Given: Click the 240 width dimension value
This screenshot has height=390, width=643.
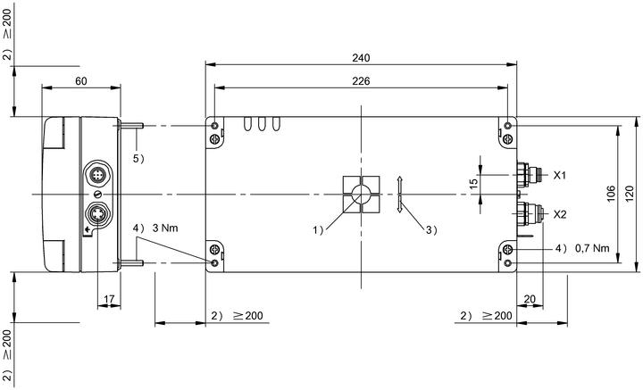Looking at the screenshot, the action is (x=361, y=58).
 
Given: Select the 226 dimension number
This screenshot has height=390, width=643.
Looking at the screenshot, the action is (x=361, y=81).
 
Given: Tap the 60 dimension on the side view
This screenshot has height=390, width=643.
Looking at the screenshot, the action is (x=81, y=81).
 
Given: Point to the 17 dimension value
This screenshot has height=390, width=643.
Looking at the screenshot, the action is (x=109, y=300).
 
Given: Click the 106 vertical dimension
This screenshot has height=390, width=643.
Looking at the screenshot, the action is (x=611, y=194).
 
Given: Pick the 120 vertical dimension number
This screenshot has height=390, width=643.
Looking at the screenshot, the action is (x=630, y=194).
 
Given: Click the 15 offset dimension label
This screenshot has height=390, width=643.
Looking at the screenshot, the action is (x=473, y=183).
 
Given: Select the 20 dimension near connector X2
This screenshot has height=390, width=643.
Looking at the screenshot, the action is (x=530, y=299).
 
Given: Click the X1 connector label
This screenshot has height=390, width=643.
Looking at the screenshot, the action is (x=560, y=175).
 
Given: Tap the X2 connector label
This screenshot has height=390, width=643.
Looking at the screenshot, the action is (x=560, y=214).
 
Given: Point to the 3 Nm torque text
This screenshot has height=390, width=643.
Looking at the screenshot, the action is (x=165, y=228).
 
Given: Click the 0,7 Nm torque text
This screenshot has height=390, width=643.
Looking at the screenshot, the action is (x=592, y=248).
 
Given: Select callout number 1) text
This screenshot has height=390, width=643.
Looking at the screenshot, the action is (x=318, y=230).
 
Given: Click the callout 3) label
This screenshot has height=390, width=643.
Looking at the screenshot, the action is (x=431, y=230).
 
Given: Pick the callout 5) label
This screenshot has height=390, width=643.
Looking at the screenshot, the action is (x=138, y=159).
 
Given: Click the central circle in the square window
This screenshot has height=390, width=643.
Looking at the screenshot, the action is (x=361, y=194).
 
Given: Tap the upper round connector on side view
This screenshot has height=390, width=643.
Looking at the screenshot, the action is (x=97, y=175).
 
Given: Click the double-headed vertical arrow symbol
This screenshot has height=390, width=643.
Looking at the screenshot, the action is (x=400, y=194).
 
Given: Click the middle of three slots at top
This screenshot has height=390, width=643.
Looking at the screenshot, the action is (x=262, y=124).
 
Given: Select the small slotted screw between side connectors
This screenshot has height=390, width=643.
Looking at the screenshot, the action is (x=97, y=195).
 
